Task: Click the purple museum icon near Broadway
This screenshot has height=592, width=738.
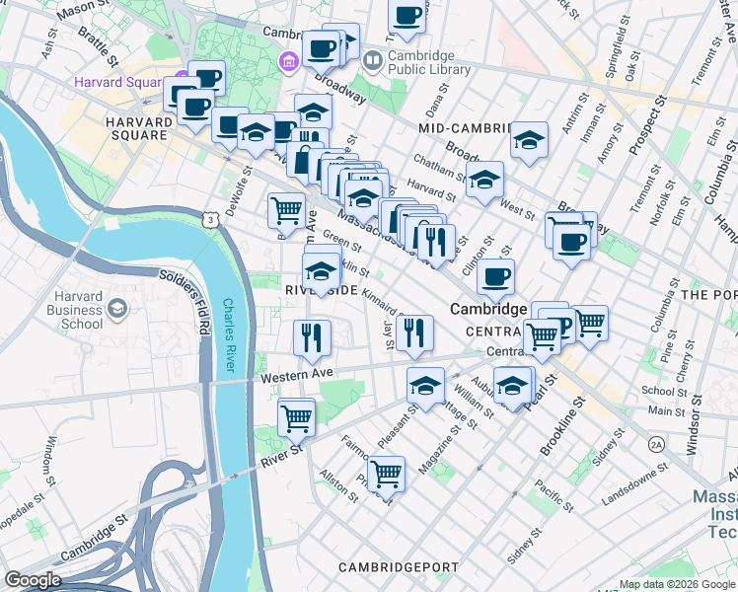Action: click(289, 62)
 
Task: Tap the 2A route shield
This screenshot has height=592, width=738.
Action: click(656, 445)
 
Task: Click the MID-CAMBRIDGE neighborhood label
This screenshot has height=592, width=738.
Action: click(464, 129)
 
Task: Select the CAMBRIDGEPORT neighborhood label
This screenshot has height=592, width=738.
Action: click(398, 567)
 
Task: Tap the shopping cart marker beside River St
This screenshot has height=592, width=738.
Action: click(296, 417)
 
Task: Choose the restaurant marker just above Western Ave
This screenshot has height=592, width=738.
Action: click(311, 337)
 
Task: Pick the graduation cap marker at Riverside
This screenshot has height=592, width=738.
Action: click(321, 270)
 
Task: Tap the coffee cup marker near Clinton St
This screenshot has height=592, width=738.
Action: click(495, 276)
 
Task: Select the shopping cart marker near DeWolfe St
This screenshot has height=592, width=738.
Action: click(286, 209)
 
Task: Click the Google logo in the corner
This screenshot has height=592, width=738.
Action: click(33, 580)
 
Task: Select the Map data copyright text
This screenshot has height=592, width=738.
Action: click(676, 584)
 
